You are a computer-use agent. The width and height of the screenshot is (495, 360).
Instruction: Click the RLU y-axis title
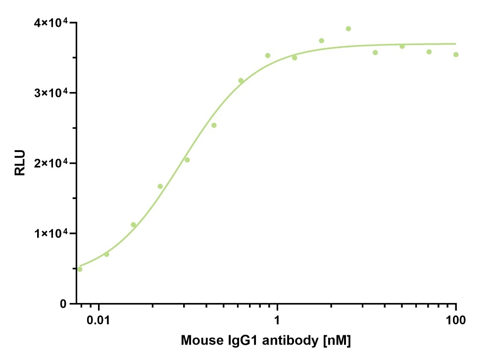[x=19, y=163]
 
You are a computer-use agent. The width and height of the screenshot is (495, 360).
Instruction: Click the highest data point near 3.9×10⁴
[x=348, y=29]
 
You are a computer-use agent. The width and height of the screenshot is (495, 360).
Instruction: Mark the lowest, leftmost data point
[x=80, y=269]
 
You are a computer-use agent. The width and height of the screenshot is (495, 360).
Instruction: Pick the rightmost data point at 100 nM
[x=456, y=54]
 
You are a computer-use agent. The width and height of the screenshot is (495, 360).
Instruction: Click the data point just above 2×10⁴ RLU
[x=187, y=159]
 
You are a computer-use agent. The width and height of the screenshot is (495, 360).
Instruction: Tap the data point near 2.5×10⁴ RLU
[x=214, y=125]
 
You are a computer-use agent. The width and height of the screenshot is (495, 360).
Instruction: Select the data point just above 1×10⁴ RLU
[x=133, y=225]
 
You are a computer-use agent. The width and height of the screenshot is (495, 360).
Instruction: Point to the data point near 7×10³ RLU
[x=106, y=254]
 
